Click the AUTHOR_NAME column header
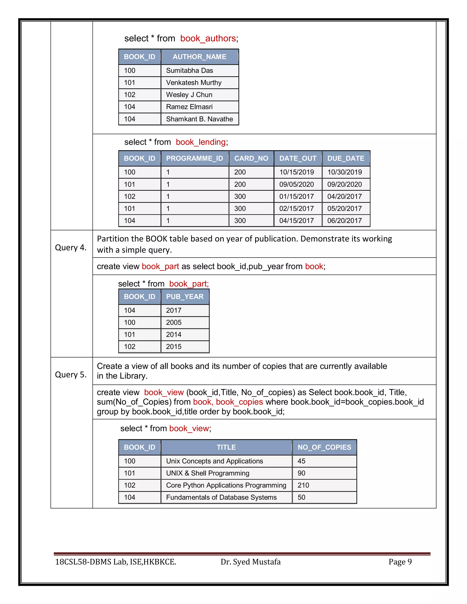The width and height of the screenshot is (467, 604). click(x=199, y=57)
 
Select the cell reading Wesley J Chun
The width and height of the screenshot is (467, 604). click(x=189, y=95)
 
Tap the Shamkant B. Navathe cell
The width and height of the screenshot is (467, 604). click(x=199, y=119)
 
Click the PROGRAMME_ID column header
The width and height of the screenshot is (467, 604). click(x=194, y=158)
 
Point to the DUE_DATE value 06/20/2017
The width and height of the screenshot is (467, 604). click(x=345, y=220)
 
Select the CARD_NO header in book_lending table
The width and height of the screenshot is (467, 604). click(x=251, y=158)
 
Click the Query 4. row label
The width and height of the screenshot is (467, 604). click(x=71, y=247)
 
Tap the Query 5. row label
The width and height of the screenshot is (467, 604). click(x=71, y=374)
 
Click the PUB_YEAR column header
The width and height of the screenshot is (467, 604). click(x=184, y=297)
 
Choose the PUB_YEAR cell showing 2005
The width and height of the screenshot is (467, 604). click(x=174, y=323)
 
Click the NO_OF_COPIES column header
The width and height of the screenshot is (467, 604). click(x=324, y=447)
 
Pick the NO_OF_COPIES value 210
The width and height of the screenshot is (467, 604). click(x=303, y=485)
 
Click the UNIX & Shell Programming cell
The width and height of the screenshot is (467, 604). click(x=208, y=473)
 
